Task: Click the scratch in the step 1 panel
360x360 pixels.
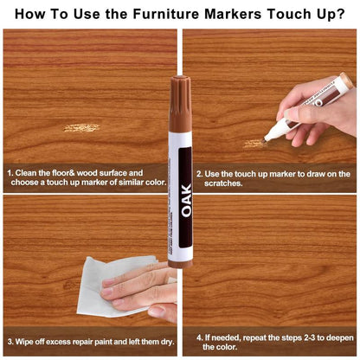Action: (81, 128)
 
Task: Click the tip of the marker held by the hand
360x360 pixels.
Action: (267, 137)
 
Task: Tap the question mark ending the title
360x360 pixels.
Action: (338, 14)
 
